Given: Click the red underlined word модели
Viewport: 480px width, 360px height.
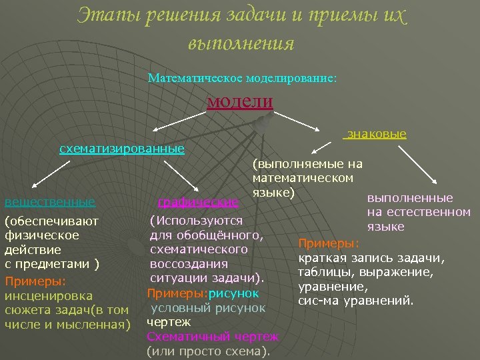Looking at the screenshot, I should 240,101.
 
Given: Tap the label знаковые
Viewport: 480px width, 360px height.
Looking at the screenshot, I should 376,134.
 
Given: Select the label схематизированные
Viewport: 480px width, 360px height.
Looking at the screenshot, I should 122,148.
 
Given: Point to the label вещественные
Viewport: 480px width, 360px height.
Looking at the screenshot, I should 49,201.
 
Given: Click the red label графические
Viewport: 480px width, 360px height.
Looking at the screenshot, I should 197,201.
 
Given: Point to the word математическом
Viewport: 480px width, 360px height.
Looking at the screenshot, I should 303,178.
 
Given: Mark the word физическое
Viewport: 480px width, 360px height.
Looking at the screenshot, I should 42,235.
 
